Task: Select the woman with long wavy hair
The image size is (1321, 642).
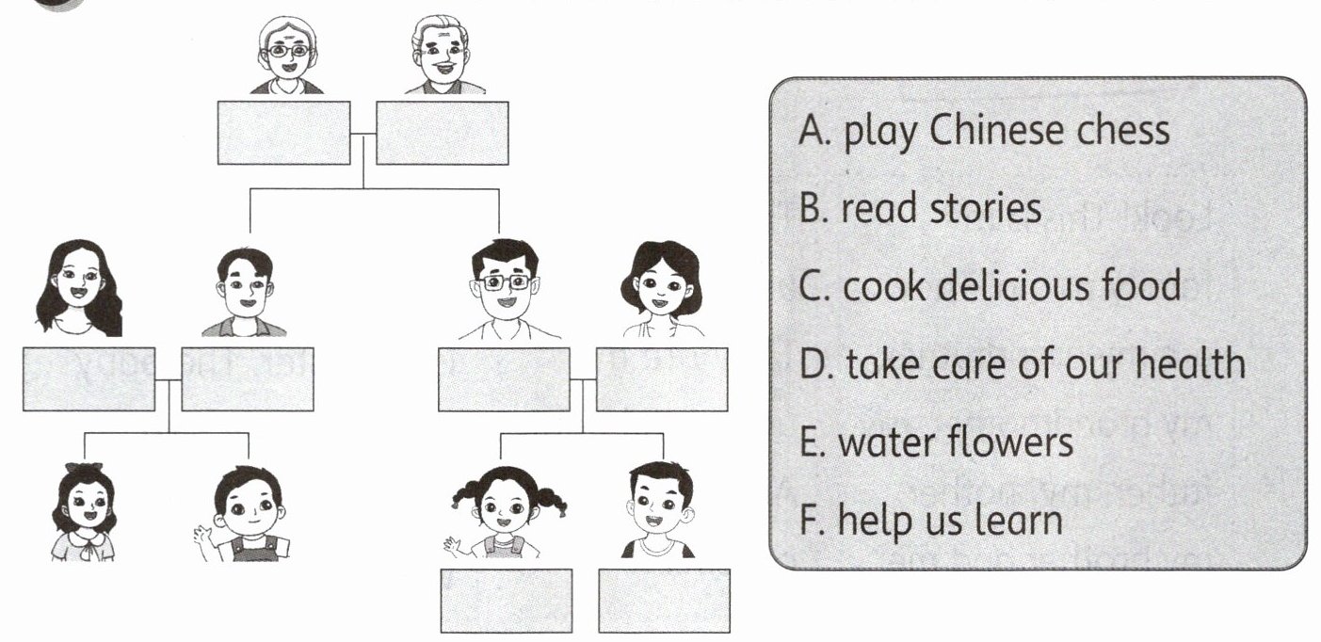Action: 79,286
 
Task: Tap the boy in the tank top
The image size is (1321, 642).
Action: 660,508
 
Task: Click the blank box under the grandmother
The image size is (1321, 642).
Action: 284,133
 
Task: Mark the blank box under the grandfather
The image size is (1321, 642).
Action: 443,133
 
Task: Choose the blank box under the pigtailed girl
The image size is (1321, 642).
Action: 507,601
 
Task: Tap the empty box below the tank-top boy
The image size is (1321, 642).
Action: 665,601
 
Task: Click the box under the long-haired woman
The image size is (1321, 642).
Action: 89,379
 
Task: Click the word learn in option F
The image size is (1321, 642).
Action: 1017,518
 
